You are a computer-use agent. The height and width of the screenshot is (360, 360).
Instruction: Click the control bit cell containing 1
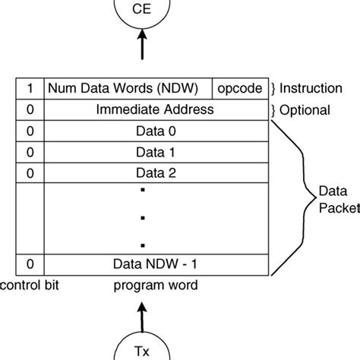point(30,88)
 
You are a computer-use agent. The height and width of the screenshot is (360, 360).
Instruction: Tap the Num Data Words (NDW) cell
point(128,88)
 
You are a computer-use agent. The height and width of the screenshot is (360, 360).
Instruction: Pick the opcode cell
point(239,88)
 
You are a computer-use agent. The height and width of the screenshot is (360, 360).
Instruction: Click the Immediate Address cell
point(155,109)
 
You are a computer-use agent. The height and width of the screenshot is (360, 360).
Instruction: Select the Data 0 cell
point(155,131)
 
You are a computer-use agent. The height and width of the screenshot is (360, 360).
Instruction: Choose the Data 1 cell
point(155,152)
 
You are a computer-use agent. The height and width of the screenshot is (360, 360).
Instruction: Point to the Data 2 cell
point(155,172)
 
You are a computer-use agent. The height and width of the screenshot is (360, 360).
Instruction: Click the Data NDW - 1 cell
point(155,264)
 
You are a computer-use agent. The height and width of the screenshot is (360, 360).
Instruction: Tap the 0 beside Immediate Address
point(30,109)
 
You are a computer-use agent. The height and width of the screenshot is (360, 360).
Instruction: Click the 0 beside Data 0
point(30,131)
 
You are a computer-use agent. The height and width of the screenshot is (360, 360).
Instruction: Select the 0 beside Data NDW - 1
point(30,264)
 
